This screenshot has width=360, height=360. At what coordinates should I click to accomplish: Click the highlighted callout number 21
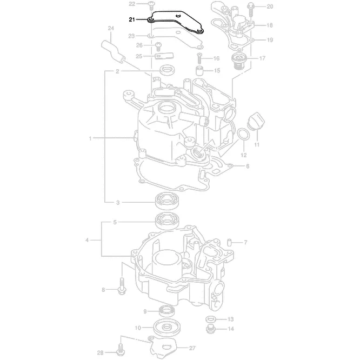coord(132,19)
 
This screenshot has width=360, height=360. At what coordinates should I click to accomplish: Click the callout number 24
coord(110,28)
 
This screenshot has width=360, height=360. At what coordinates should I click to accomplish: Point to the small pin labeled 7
coord(229,242)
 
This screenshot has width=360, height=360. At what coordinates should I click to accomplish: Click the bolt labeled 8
coord(121,286)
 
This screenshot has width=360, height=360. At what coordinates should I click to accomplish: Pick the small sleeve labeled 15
coord(199,71)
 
